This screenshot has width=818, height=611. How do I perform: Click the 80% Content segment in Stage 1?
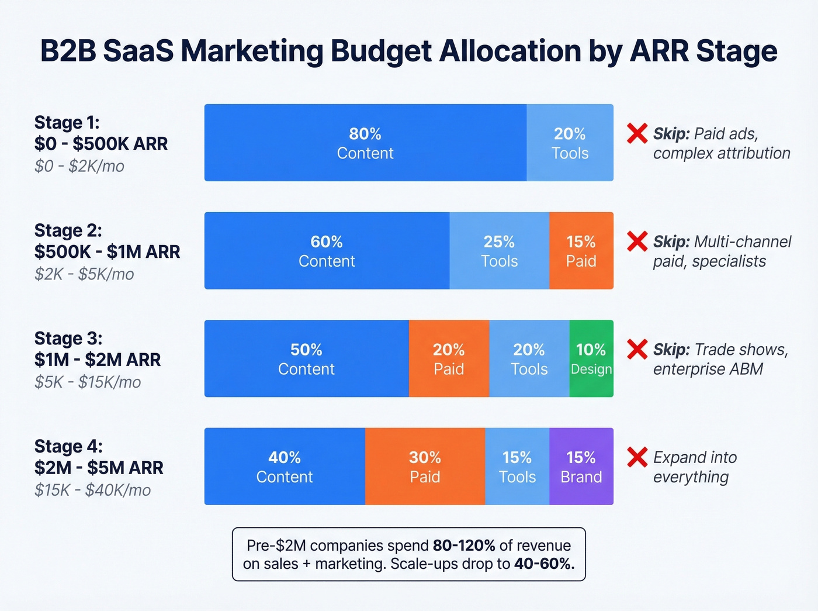[365, 143]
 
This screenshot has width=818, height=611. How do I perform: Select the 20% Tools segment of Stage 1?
[570, 143]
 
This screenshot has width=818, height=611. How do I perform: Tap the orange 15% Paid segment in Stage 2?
[581, 251]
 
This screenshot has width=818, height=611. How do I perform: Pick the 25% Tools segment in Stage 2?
[499, 251]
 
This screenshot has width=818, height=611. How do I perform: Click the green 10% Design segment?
[591, 358]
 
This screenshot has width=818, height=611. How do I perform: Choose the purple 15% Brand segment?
[581, 467]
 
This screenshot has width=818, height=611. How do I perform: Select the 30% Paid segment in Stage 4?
[425, 467]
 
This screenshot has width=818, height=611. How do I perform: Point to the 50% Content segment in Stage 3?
[306, 358]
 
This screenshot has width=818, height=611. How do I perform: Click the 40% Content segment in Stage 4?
[285, 467]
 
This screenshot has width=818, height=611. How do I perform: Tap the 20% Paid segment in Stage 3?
[449, 358]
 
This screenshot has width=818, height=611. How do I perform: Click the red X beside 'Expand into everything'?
[637, 457]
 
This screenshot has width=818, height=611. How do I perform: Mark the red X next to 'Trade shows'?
[637, 350]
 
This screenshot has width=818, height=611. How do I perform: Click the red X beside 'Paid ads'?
[637, 133]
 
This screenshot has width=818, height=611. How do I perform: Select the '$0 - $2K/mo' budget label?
[79, 166]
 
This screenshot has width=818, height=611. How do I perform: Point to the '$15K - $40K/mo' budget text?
[92, 490]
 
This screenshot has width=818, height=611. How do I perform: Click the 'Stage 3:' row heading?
[68, 338]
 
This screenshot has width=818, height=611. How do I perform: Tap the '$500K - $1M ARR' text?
[107, 251]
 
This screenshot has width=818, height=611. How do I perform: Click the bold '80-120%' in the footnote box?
[463, 546]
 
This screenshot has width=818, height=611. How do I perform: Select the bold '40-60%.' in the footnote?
[544, 564]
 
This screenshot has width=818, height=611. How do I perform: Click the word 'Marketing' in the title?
[252, 51]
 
